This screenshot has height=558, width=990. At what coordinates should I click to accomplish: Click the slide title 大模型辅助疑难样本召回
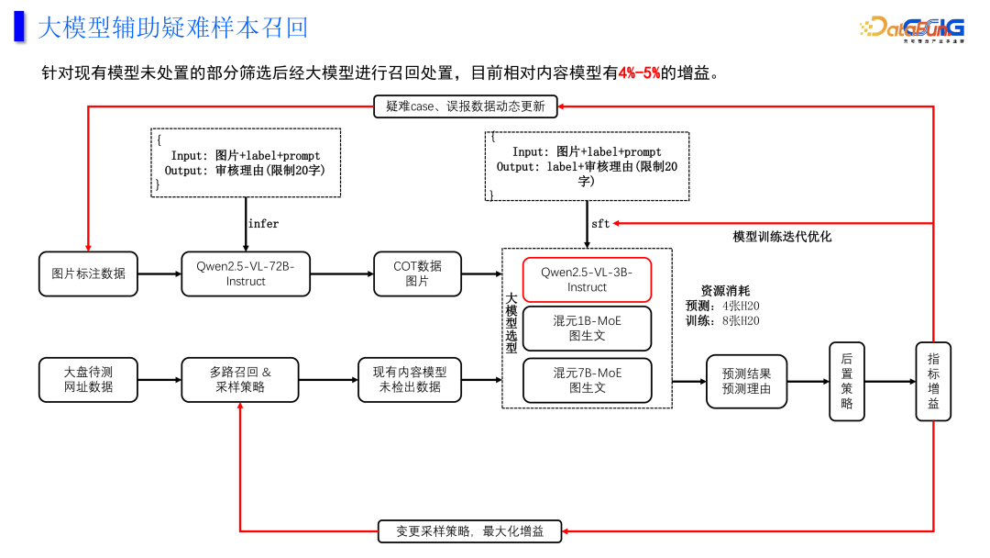[172, 28]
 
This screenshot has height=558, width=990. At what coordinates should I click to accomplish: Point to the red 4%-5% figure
[639, 73]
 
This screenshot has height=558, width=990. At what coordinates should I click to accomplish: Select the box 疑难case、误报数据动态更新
[465, 106]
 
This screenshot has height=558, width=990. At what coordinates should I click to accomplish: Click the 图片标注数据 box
[88, 273]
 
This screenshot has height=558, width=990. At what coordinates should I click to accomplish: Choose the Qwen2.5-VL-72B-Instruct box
[245, 273]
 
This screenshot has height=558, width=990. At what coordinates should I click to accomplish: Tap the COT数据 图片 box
[417, 273]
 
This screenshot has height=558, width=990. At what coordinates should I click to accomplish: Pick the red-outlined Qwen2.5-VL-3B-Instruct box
[587, 279]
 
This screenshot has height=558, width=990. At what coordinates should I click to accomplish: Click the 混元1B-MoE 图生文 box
[587, 329]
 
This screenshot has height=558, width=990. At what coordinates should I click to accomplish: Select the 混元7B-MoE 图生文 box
[587, 380]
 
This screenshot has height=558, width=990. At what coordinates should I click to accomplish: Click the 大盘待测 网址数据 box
[88, 380]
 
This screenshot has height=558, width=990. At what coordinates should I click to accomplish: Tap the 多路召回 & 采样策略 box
[240, 380]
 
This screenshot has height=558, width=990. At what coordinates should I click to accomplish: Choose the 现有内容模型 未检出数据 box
[409, 380]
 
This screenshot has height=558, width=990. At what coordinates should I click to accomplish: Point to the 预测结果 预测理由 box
[746, 381]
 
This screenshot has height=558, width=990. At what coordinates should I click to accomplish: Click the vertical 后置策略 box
[846, 381]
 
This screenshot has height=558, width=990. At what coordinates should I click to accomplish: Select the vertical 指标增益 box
[933, 381]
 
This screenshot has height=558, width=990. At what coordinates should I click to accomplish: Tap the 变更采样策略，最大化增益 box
[469, 530]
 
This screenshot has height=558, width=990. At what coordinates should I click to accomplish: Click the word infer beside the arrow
[263, 223]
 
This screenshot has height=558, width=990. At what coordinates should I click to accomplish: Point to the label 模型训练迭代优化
[782, 237]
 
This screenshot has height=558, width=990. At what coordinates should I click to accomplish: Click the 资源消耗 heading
[724, 291]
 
